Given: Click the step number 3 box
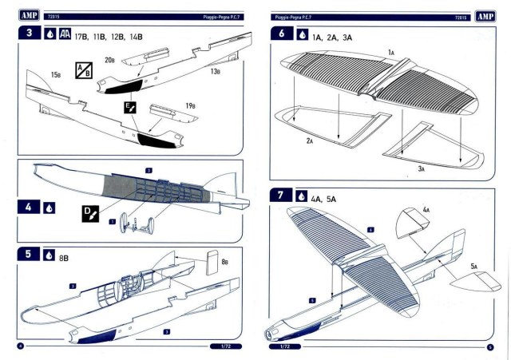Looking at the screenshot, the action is [30, 36].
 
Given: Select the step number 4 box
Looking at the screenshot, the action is [30, 207].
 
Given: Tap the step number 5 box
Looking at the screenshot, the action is [30, 255].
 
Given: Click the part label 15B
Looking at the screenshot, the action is [56, 74].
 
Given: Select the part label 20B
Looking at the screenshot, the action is [109, 59].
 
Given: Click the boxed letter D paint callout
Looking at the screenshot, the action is [89, 213].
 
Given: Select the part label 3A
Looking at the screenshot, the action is [421, 168].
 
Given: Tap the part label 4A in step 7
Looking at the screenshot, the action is [426, 209].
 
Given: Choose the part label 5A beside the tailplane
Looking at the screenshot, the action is [473, 266].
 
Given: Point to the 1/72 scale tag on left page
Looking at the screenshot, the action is [224, 346].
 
